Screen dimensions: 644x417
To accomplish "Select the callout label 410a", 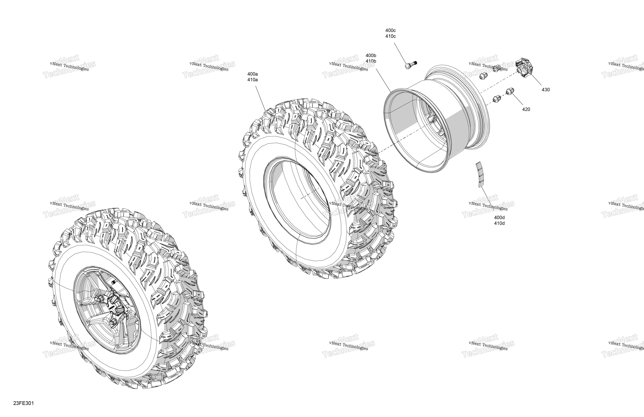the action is point(252,80).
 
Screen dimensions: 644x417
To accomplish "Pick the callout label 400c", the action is point(390,31).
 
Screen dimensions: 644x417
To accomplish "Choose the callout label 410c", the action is point(390,36).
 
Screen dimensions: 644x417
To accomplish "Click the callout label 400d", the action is point(499,218).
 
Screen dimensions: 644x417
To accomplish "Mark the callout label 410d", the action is point(499,223).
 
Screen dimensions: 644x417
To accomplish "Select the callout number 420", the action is point(526,110).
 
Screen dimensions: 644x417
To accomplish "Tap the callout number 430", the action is point(545,90).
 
